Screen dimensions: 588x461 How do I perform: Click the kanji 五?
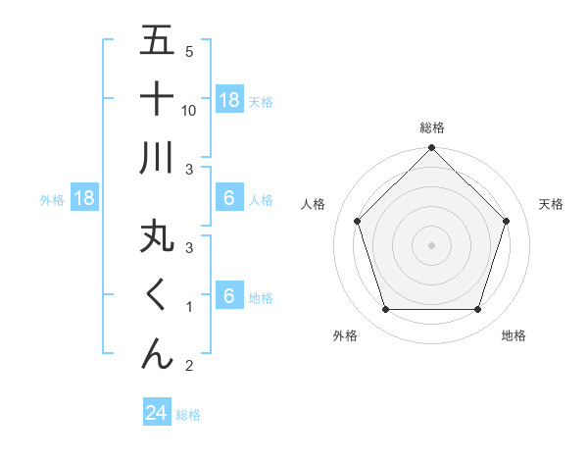point(157,41)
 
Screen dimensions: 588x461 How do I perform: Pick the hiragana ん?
point(157,352)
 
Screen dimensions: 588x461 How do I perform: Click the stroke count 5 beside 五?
point(189,51)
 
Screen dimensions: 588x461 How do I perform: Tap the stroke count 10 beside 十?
point(189,110)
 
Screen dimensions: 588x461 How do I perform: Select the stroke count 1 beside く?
point(189,307)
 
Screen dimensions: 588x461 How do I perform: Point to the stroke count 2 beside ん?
point(189,366)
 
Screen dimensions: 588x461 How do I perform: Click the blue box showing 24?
point(157,413)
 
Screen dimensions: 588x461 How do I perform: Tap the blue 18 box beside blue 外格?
point(85,199)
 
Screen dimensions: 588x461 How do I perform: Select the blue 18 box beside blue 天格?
point(229,100)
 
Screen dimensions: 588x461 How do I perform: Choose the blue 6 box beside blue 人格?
point(229,198)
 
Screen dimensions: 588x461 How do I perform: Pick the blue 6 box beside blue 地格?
point(229,296)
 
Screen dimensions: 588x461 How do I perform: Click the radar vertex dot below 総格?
point(431,149)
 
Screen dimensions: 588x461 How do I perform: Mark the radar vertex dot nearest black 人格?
point(357,221)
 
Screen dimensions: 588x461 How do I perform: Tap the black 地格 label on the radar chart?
point(514,335)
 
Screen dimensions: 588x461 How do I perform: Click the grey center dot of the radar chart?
point(431,244)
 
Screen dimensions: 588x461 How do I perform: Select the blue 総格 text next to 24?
point(188,415)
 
